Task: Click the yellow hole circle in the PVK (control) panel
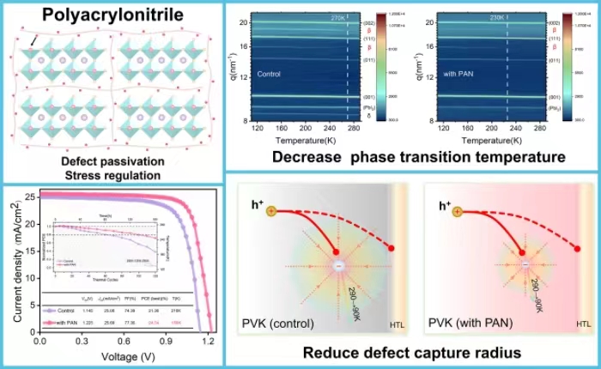pyautogui.click(x=270, y=210)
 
